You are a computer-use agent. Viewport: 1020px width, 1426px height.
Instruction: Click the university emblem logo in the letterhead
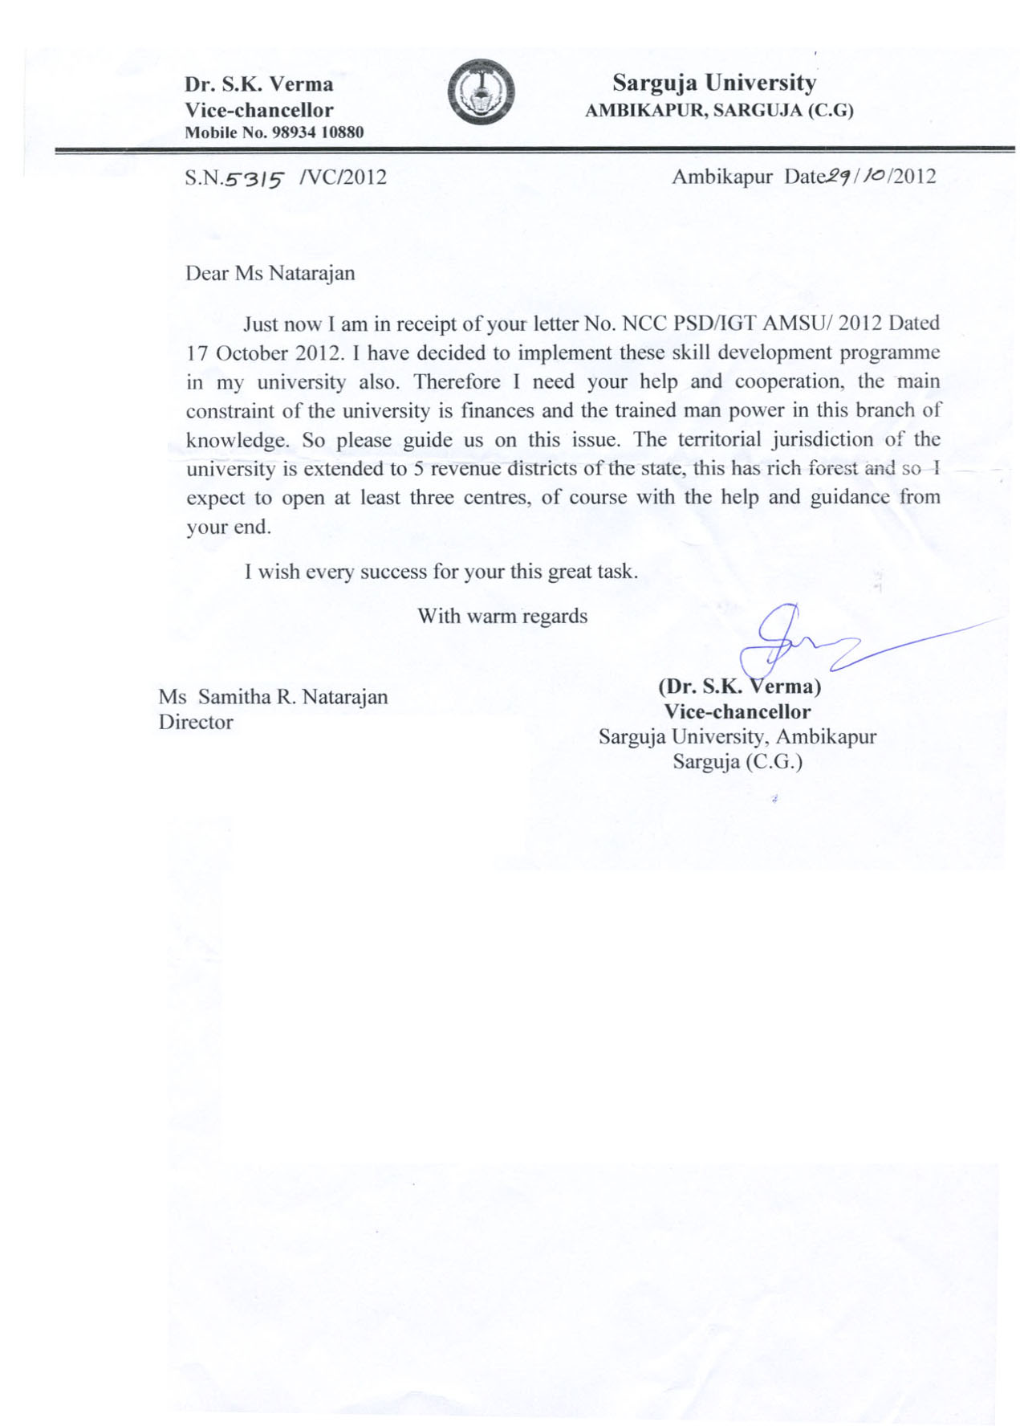pyautogui.click(x=481, y=92)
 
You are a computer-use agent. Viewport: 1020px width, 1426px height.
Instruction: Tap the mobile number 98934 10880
pyautogui.click(x=318, y=132)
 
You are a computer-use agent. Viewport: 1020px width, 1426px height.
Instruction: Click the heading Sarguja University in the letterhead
pyautogui.click(x=713, y=83)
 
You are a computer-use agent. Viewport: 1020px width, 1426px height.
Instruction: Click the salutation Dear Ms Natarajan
pyautogui.click(x=270, y=273)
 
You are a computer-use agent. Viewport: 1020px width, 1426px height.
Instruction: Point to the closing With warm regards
pyautogui.click(x=502, y=616)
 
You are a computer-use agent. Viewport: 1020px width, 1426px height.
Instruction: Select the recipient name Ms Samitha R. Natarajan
pyautogui.click(x=273, y=696)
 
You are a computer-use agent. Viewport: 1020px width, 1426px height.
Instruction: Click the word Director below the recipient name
pyautogui.click(x=196, y=722)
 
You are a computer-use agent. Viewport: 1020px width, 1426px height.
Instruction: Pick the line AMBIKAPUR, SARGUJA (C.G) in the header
pyautogui.click(x=718, y=111)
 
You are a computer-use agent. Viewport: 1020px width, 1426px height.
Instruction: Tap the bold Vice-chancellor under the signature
pyautogui.click(x=737, y=711)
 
